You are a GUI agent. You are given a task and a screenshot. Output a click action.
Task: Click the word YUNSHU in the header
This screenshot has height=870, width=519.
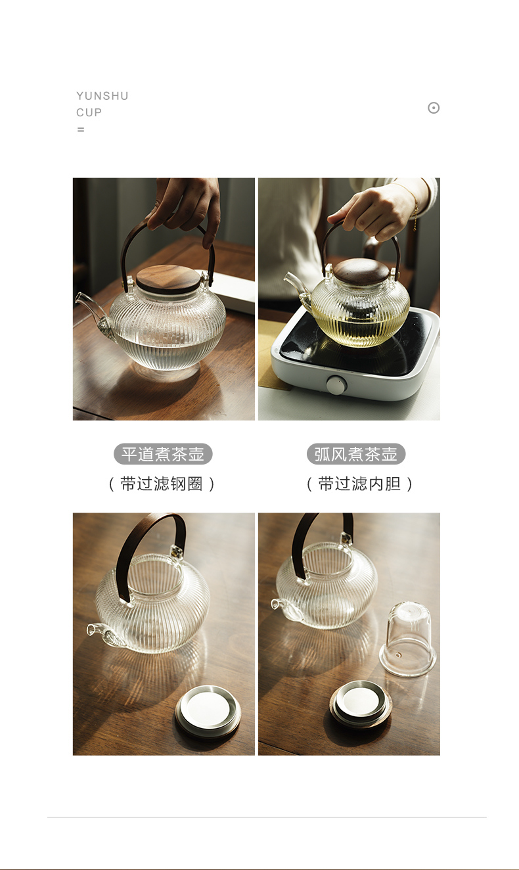pyautogui.click(x=102, y=96)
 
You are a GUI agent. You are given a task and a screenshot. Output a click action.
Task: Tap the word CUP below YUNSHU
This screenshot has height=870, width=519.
pyautogui.click(x=89, y=112)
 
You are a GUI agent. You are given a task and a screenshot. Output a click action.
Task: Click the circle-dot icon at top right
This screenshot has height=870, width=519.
pyautogui.click(x=434, y=108)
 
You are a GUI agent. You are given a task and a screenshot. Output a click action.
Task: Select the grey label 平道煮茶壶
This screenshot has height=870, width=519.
pyautogui.click(x=163, y=454)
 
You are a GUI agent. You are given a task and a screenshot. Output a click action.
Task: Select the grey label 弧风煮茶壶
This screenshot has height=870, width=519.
pyautogui.click(x=355, y=454)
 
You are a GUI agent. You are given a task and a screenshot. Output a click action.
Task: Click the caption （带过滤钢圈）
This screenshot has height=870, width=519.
pyautogui.click(x=162, y=484)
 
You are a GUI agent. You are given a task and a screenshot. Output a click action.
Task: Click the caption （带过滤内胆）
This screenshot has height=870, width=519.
pyautogui.click(x=359, y=484)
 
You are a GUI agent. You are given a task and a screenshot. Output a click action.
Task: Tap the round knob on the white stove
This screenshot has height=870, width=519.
pyautogui.click(x=336, y=385)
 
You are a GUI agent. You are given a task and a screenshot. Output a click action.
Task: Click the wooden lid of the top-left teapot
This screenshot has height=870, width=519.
pyautogui.click(x=169, y=279)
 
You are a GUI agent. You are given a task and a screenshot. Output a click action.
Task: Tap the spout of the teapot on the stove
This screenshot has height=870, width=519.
pyautogui.click(x=294, y=284)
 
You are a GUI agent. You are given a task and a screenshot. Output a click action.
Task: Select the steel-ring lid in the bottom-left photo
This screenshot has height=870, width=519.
pyautogui.click(x=208, y=712)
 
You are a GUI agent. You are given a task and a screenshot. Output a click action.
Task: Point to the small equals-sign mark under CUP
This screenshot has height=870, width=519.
pyautogui.click(x=81, y=129)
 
